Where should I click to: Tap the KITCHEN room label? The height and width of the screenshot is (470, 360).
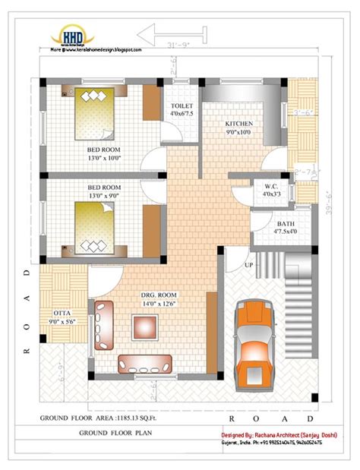pyautogui.click(x=238, y=124)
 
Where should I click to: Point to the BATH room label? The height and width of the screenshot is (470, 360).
pyautogui.click(x=286, y=224)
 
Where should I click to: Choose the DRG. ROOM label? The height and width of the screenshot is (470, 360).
pyautogui.click(x=158, y=295)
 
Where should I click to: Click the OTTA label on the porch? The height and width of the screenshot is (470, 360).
pyautogui.click(x=62, y=312)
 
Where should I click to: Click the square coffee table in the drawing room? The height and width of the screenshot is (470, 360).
pyautogui.click(x=146, y=327)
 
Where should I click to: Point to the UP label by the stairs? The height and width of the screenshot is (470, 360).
pyautogui.click(x=248, y=265)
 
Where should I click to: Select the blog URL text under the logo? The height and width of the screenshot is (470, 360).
pyautogui.click(x=96, y=49)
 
